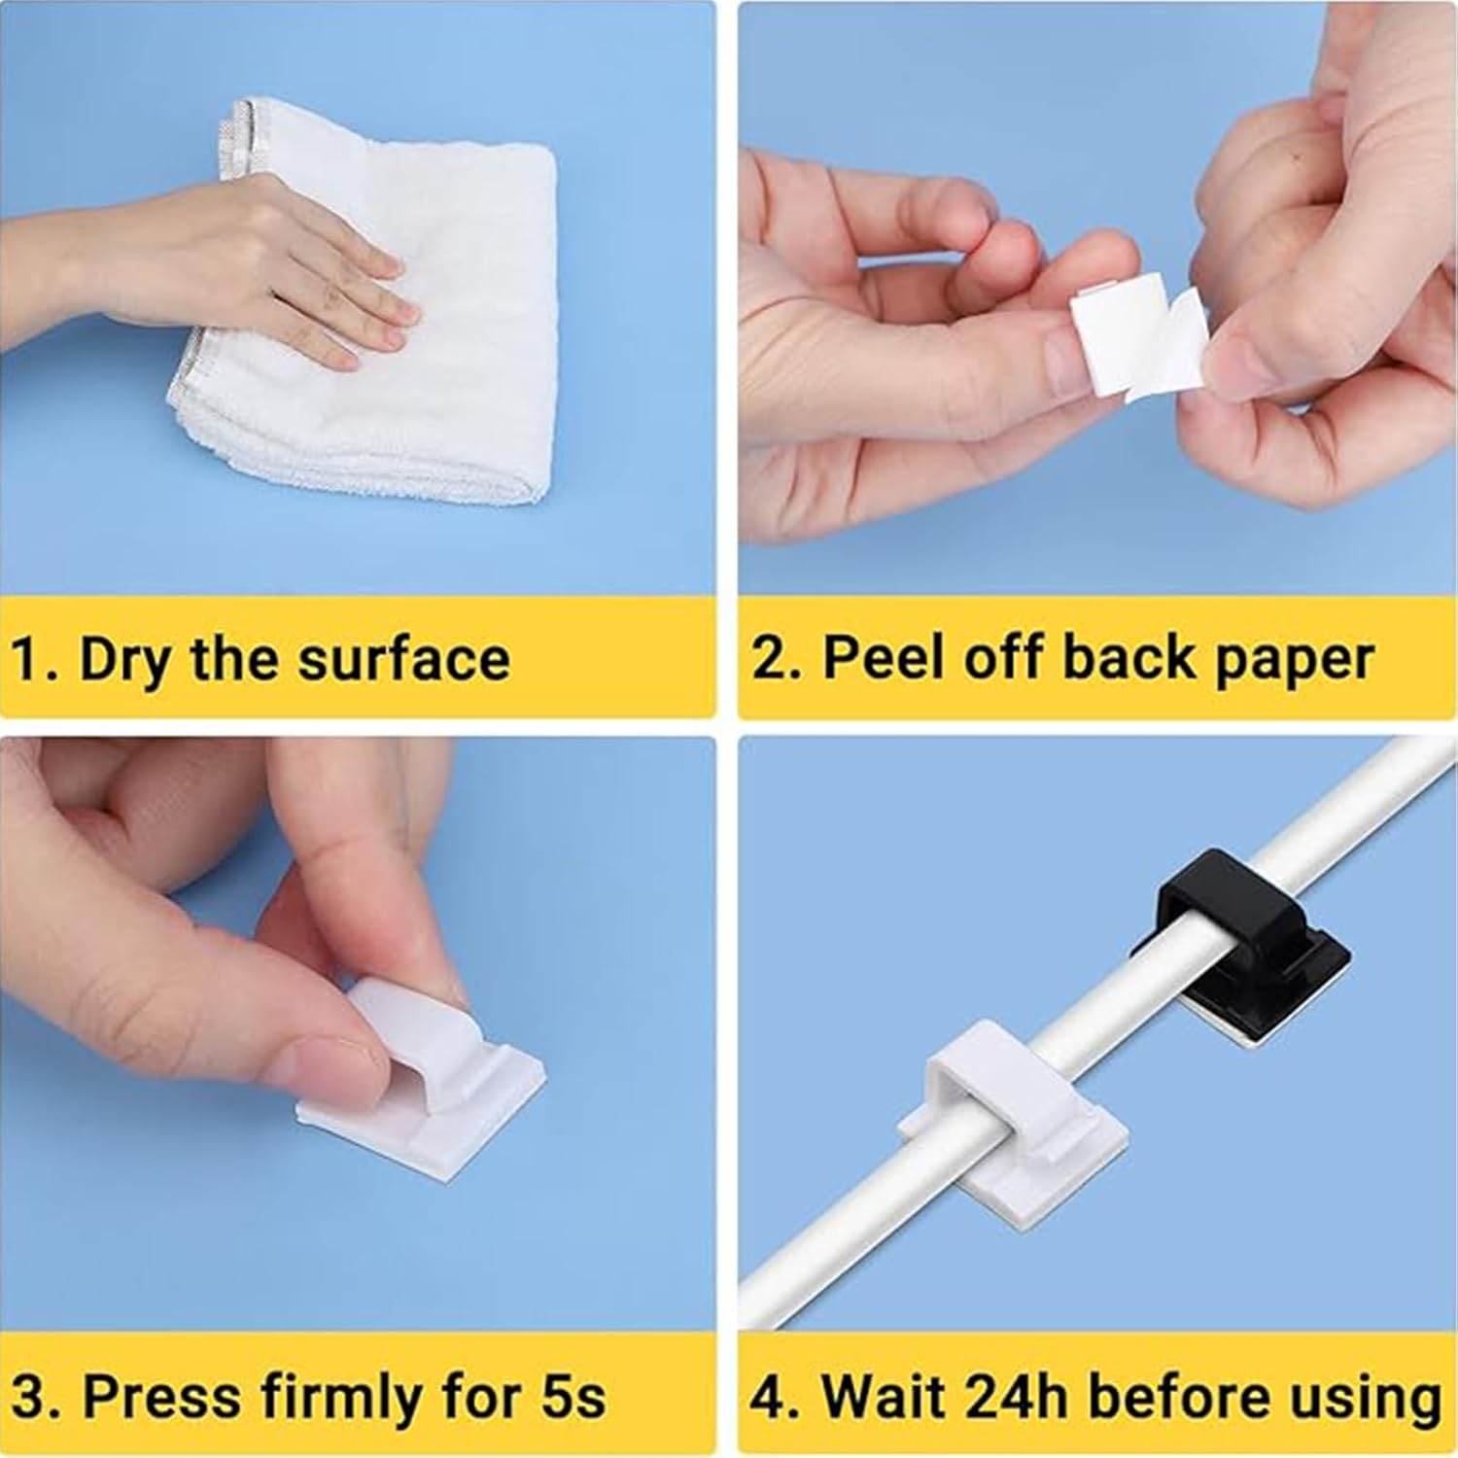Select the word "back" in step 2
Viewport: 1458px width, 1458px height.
pos(1128,659)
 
